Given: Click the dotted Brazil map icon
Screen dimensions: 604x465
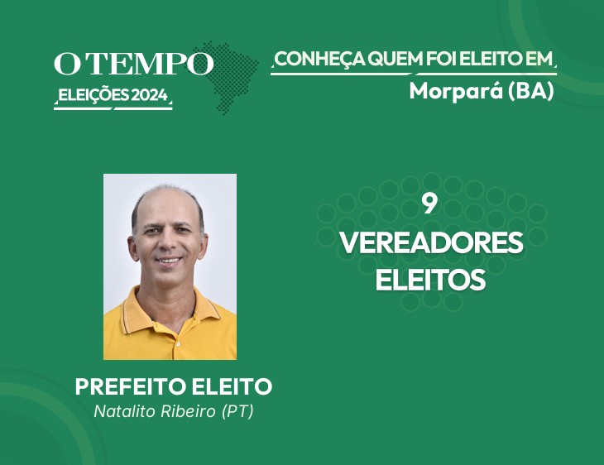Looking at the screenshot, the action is click(226, 77).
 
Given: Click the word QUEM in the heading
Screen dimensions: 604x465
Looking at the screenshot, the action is click(394, 59).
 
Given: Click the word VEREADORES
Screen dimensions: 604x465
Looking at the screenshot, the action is click(431, 242).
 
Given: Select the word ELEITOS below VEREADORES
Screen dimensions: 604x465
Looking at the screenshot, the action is click(430, 280).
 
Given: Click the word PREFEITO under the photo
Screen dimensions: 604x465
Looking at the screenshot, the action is click(131, 386).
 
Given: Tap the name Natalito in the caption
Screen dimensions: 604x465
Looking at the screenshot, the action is click(125, 411).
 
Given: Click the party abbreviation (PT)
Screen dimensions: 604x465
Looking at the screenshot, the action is click(237, 412).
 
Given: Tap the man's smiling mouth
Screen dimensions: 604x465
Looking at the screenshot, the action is click(169, 260).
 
